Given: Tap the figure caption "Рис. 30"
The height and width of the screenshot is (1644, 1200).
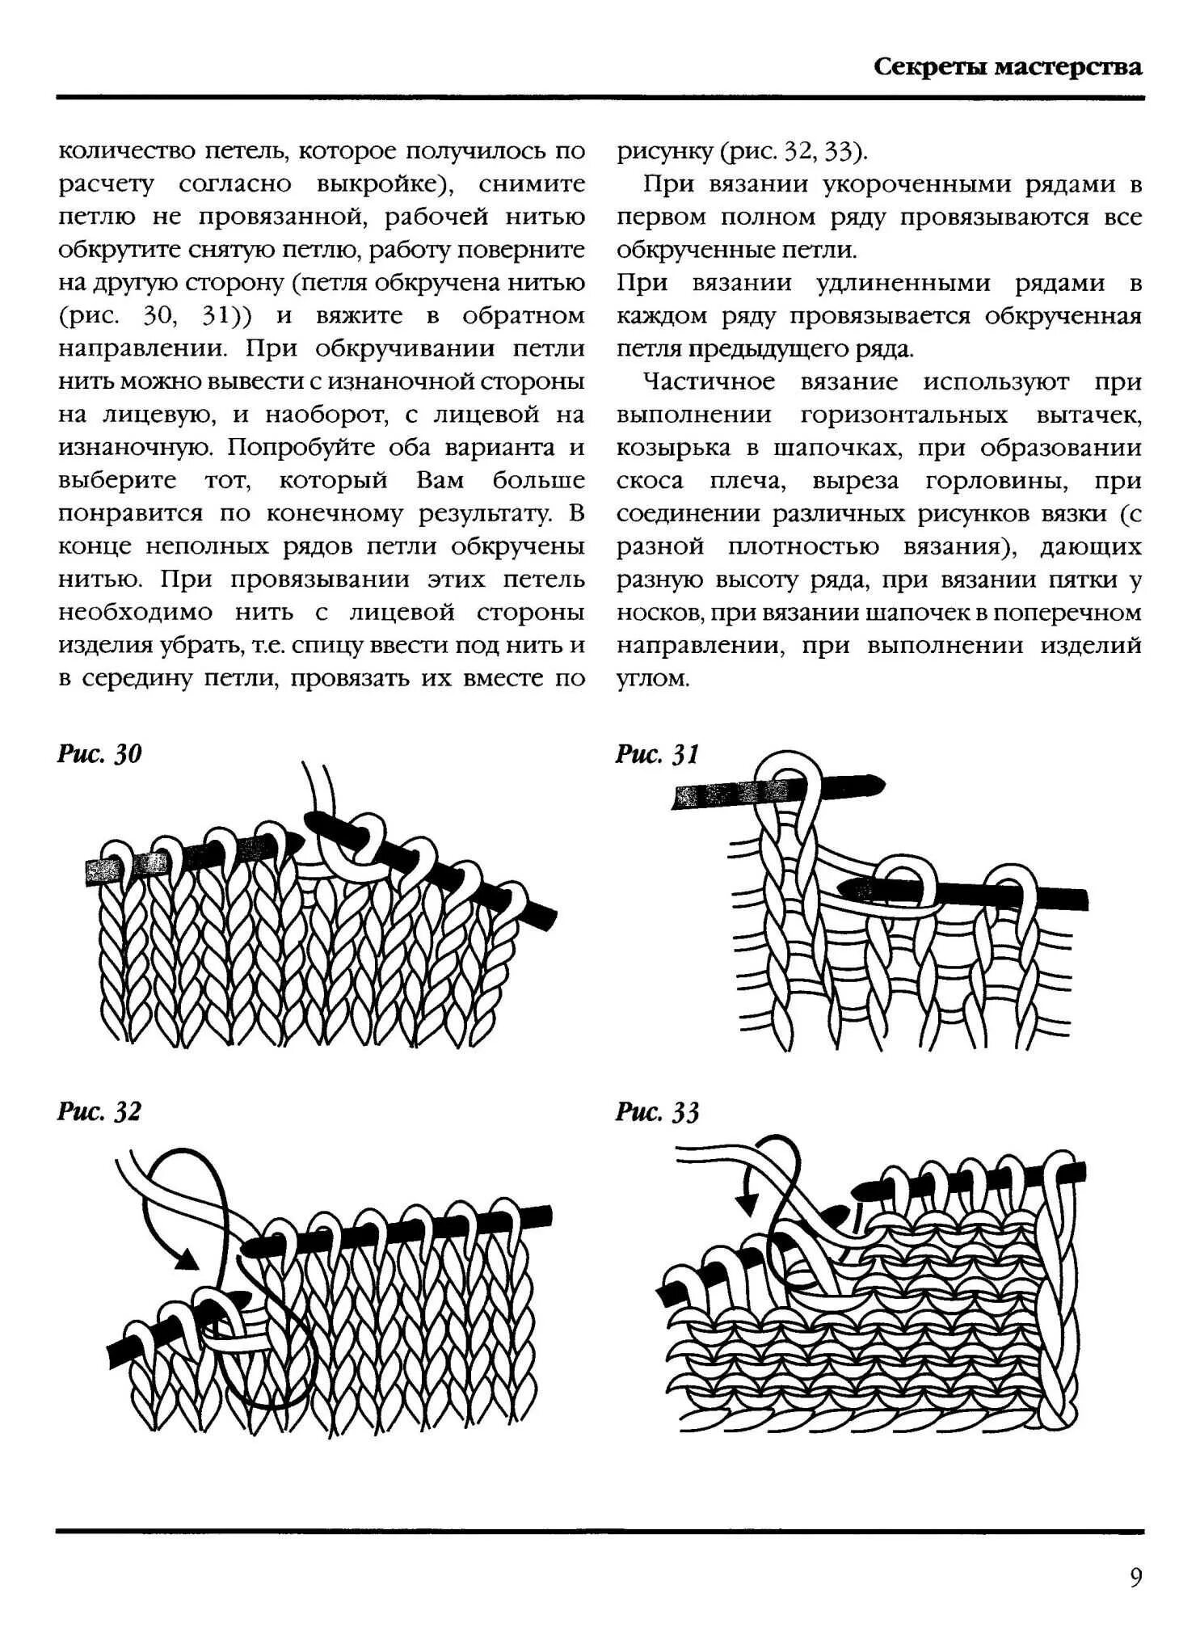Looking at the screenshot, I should click(99, 754).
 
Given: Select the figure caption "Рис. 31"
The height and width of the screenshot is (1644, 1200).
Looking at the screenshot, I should click(657, 754).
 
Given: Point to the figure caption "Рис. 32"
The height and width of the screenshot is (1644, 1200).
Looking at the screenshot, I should click(99, 1111).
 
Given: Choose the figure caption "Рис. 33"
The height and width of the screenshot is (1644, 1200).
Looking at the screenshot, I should click(657, 1112).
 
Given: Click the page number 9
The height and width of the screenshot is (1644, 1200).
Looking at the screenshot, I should click(1135, 1578).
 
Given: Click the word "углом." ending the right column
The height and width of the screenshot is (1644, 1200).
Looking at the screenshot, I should click(653, 679).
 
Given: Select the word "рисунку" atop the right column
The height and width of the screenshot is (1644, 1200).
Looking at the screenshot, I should click(664, 151).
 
